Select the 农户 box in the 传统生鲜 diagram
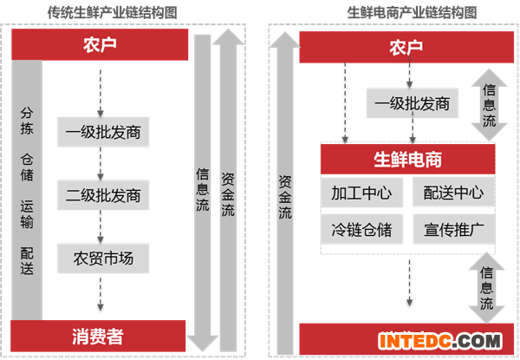pos(101,44)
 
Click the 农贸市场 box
pos(102,258)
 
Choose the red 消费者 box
pos(100,334)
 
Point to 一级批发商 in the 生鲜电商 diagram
pos(413,104)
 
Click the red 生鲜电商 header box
pos(407,160)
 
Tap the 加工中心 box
pos(361,193)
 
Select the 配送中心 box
pos(453,193)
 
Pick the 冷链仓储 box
pos(361,230)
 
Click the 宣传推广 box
pos(453,230)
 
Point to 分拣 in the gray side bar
pos(27,122)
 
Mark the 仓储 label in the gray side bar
pos(27,169)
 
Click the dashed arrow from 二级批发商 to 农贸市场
pos(102,226)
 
